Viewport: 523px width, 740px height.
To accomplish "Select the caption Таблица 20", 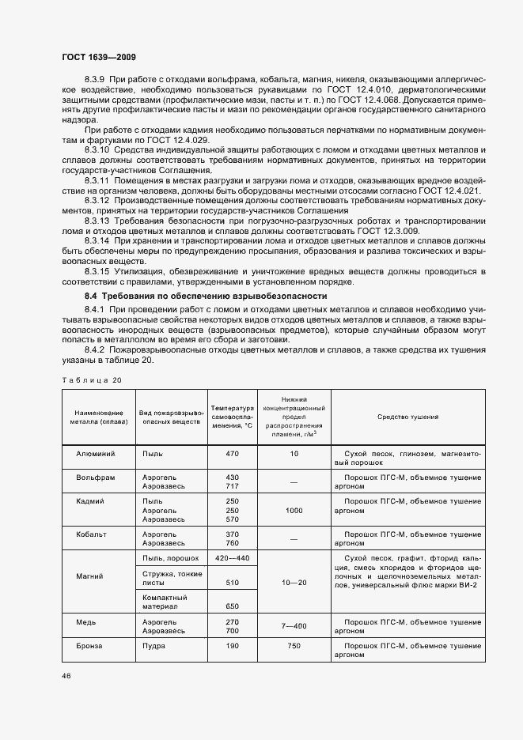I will click(92, 380).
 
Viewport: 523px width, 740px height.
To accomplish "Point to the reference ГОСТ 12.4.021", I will click(448, 191).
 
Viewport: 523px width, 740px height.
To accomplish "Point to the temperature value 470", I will click(232, 455).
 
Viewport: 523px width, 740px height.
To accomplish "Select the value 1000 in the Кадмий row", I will click(294, 511).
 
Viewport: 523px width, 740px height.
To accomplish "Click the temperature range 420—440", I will click(232, 558).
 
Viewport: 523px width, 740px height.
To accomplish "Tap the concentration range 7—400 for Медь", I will click(294, 626).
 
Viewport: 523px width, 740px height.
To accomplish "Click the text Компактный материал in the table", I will click(164, 602).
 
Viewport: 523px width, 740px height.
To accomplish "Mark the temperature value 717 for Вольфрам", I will click(232, 487).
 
